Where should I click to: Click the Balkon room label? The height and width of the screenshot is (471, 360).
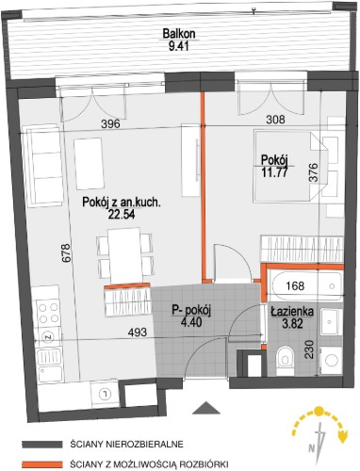pos(179,34)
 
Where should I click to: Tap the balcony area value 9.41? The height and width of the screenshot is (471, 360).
pos(178,46)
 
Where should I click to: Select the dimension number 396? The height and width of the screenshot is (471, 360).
pos(110,123)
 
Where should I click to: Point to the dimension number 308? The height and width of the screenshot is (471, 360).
pos(275,120)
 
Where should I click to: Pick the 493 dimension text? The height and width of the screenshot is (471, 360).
pos(138,332)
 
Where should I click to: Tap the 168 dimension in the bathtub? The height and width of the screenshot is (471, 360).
pos(295,285)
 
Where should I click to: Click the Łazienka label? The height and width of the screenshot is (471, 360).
pos(292,312)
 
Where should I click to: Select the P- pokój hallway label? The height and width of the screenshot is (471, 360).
pos(191,311)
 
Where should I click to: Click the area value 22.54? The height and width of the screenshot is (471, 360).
pos(122,215)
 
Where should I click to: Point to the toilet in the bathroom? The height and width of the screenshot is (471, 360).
pos(286,361)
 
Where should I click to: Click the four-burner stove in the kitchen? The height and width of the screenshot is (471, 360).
pos(49,313)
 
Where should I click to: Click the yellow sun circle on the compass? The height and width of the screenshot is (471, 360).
pos(319,411)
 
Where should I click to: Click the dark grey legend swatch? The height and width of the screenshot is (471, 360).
pos(42,444)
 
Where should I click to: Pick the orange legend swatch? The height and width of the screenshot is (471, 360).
pos(42,463)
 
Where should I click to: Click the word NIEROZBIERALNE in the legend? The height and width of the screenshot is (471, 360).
pos(145,445)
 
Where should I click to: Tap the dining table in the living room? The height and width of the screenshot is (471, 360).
pos(124,255)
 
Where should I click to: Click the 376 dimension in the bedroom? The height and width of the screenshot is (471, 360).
pos(314,172)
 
